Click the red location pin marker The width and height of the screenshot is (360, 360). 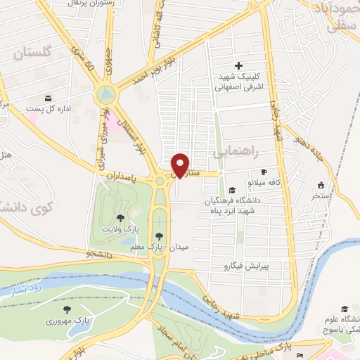[181, 165]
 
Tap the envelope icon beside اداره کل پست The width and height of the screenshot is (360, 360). [49, 98]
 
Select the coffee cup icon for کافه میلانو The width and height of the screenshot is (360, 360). [264, 172]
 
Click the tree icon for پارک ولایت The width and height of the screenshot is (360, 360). [120, 219]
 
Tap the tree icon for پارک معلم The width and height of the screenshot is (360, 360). [159, 236]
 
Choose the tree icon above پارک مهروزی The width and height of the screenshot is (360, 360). [67, 309]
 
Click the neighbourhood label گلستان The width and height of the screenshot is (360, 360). [33, 53]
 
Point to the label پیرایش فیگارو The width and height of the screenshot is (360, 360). [247, 266]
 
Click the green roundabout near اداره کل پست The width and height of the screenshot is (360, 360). [106, 92]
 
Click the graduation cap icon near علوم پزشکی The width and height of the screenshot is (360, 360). [345, 309]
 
